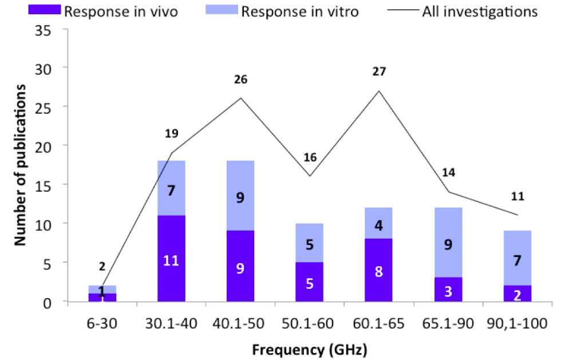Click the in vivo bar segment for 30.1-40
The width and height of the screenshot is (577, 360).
coord(171,259)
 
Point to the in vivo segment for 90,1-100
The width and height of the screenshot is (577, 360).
coord(517,294)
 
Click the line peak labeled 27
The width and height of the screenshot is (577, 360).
coord(379,90)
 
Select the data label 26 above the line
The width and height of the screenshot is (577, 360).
coord(240,80)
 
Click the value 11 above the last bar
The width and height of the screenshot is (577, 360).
coord(517,197)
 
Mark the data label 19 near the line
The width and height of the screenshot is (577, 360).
coord(171,134)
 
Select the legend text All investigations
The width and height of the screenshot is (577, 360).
coord(480,12)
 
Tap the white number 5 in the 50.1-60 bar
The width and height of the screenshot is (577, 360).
coord(310,283)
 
